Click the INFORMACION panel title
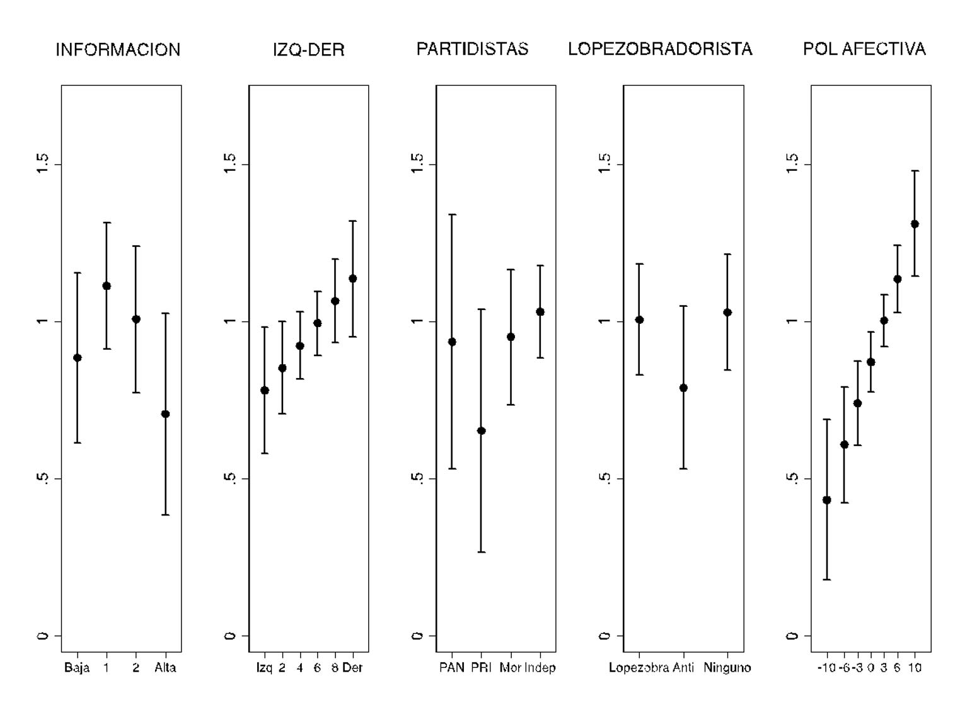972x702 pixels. pyautogui.click(x=118, y=50)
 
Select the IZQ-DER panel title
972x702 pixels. pyautogui.click(x=309, y=50)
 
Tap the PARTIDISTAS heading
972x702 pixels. pyautogui.click(x=472, y=49)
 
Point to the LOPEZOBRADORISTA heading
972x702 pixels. pyautogui.click(x=660, y=49)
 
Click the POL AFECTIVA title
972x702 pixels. pyautogui.click(x=864, y=49)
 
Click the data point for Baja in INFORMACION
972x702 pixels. pyautogui.click(x=78, y=358)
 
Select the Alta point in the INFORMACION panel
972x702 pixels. pyautogui.click(x=165, y=414)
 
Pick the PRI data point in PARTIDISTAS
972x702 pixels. pyautogui.click(x=482, y=431)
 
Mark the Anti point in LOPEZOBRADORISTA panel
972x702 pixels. pyautogui.click(x=683, y=388)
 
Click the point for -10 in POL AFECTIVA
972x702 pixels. pyautogui.click(x=827, y=500)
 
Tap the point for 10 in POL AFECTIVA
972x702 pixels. pyautogui.click(x=915, y=224)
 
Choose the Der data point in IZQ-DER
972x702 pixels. pyautogui.click(x=353, y=279)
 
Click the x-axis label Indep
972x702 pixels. pyautogui.click(x=540, y=668)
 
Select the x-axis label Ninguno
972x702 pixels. pyautogui.click(x=727, y=668)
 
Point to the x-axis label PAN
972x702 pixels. pyautogui.click(x=452, y=668)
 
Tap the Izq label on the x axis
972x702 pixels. pyautogui.click(x=265, y=668)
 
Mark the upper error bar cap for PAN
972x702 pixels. pyautogui.click(x=452, y=215)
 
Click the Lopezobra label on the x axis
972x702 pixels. pyautogui.click(x=639, y=668)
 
